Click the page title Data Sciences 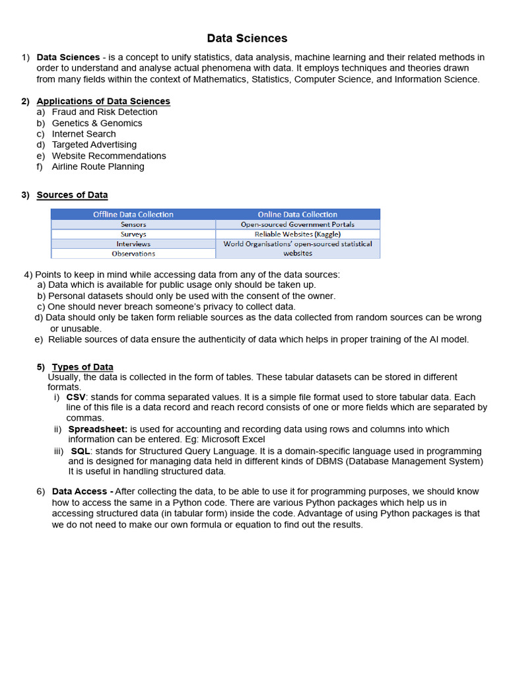tap(247, 38)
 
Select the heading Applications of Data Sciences tap(103, 101)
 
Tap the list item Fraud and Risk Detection tap(104, 112)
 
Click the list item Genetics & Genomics tap(97, 123)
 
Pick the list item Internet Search tap(84, 134)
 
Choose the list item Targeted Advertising tap(94, 145)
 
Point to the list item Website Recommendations tap(109, 156)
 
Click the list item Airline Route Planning tap(98, 167)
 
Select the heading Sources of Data tap(72, 195)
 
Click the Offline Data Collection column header tap(133, 215)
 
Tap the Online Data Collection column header tap(297, 215)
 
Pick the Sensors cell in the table tap(133, 224)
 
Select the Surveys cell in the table tap(133, 234)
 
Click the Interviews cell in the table tap(133, 244)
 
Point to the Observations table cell tap(133, 253)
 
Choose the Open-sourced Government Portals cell tap(297, 224)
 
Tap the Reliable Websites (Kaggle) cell tap(297, 234)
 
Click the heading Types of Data tap(83, 367)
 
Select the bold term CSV tap(76, 397)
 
